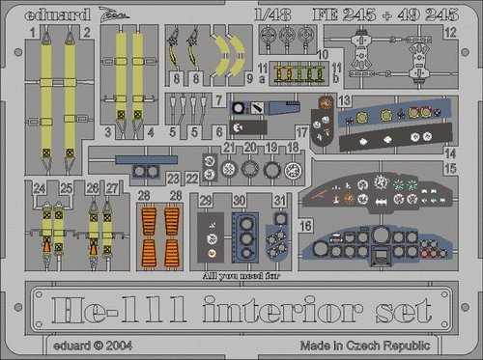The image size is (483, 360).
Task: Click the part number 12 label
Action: click(x=451, y=32)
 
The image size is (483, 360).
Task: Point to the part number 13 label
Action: click(x=343, y=100)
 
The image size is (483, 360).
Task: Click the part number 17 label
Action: click(x=302, y=130)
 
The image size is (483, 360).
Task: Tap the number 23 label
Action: click(x=171, y=178)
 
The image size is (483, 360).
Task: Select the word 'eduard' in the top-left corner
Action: click(x=40, y=13)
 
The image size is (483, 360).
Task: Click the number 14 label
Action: click(x=449, y=152)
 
